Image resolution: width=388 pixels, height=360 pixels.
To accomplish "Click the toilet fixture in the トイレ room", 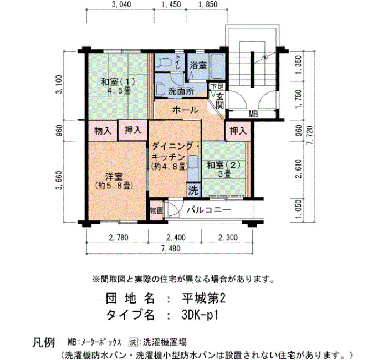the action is coord(164,62).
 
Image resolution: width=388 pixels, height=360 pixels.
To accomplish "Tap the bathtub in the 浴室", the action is coord(217,66).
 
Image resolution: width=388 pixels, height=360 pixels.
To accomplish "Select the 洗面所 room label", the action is coord(181,91).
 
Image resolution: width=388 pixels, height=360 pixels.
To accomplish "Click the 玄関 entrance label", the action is coord(219,101).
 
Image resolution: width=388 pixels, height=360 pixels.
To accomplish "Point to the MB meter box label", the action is coord(253,114).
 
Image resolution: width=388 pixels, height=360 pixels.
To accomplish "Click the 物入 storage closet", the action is coord(103,131).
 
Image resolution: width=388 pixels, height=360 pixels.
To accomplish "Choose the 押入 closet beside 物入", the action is coord(133,130).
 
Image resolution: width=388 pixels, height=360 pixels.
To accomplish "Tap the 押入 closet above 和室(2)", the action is coord(238,131).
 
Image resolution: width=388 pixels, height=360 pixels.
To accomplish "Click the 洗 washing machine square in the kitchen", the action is coord(193,190).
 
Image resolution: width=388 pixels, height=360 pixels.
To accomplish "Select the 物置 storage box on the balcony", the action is coord(156,210).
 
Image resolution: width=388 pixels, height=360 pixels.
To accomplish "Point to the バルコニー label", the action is coord(208,210).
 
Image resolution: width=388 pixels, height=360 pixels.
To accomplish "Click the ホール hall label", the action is coord(185,110).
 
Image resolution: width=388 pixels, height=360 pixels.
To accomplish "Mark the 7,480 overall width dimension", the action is coord(171,249).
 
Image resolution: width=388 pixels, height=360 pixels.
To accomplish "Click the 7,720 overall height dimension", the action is coord(309,137).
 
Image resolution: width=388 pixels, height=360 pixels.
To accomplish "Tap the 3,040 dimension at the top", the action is coord(121,4).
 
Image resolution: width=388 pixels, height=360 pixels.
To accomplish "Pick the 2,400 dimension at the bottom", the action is coord(176,238).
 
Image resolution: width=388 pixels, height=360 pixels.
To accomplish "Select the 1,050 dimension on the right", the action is coord(298,209).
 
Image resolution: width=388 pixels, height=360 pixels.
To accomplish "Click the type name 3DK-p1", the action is coord(200,315).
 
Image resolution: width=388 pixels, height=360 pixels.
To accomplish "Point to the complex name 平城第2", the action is coord(204,299).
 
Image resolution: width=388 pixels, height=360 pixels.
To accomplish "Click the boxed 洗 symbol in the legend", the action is coord(133,342).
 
